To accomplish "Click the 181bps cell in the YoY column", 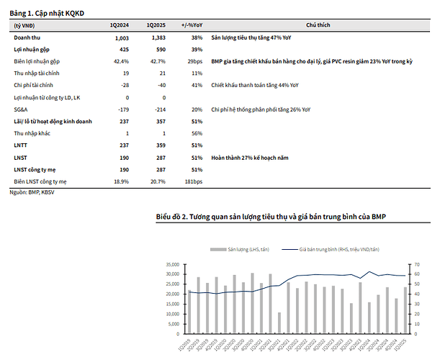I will (x=193, y=182).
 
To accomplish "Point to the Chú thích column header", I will (x=318, y=25).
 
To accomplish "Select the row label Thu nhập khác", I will (x=32, y=134).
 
